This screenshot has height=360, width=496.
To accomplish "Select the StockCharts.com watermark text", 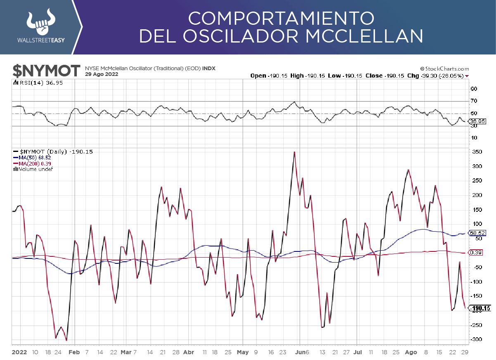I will point(444,69).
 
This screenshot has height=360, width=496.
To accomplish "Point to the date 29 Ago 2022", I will point(102,74).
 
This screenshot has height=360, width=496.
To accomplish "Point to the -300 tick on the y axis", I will point(476,339).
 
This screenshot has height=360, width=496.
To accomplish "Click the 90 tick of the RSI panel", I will point(474,89).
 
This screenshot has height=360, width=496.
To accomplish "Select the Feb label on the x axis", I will point(74,352).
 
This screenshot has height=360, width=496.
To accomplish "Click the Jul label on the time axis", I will point(358,352).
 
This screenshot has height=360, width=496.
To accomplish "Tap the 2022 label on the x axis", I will point(19,352).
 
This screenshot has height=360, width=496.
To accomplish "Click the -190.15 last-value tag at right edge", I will point(480,308).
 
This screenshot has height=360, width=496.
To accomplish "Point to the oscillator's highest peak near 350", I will point(294,152).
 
